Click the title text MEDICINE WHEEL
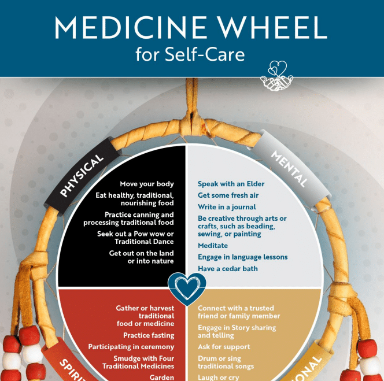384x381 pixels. [191, 27]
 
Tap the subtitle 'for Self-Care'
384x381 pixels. [190, 55]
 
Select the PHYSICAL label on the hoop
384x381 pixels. [82, 175]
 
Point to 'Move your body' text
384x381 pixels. [147, 184]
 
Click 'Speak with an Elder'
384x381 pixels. [231, 184]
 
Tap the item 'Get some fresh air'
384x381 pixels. [228, 195]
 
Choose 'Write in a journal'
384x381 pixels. [227, 207]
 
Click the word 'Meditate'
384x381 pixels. [213, 246]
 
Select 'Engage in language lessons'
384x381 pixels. [242, 257]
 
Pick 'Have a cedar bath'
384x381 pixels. [227, 269]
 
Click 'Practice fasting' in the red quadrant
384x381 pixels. [148, 335]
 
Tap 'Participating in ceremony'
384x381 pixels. [131, 347]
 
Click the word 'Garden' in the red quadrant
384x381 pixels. [161, 377]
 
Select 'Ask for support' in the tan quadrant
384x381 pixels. [224, 347]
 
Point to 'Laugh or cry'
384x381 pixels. [219, 377]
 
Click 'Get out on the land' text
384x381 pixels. [141, 253]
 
